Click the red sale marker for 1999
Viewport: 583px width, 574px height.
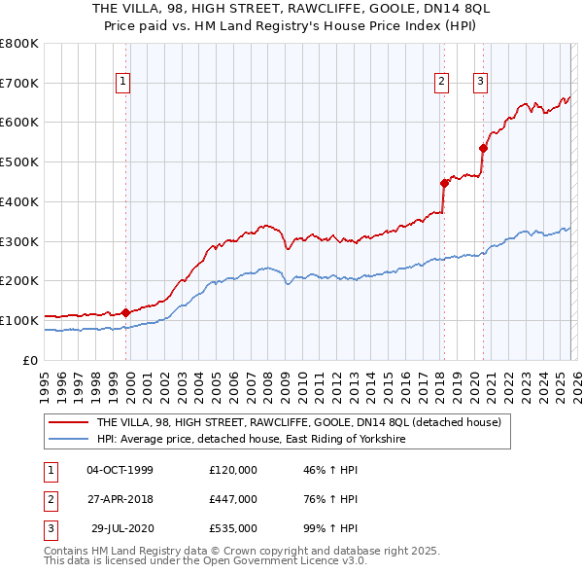tap(125, 312)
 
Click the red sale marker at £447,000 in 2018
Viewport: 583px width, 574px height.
tap(444, 182)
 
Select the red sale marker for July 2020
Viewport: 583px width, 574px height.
tap(483, 148)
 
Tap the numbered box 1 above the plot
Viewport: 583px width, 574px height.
tap(124, 83)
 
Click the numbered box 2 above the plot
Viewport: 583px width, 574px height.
tap(441, 83)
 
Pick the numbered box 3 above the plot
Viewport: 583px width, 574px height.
tap(480, 83)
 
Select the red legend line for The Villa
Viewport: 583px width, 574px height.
tap(68, 422)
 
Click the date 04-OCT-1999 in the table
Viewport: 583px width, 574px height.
tap(120, 470)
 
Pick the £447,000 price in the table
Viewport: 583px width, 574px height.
tap(233, 500)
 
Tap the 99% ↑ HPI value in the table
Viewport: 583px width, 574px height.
tap(330, 530)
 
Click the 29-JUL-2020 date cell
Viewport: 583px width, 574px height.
tap(120, 530)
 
